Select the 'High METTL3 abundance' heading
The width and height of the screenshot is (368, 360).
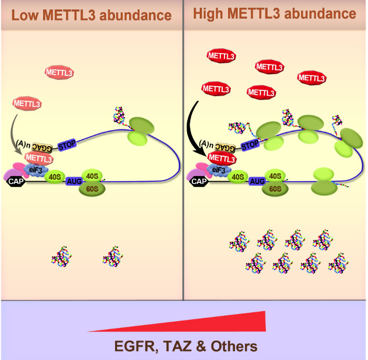coord(274,14)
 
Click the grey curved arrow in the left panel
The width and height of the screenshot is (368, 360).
coord(16,134)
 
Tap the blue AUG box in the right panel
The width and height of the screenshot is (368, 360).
coord(257,181)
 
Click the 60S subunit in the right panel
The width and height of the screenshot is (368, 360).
coord(274,188)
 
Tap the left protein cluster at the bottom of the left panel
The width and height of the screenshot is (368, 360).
coord(62,258)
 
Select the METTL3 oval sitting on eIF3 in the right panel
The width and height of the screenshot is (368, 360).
coord(221,158)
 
